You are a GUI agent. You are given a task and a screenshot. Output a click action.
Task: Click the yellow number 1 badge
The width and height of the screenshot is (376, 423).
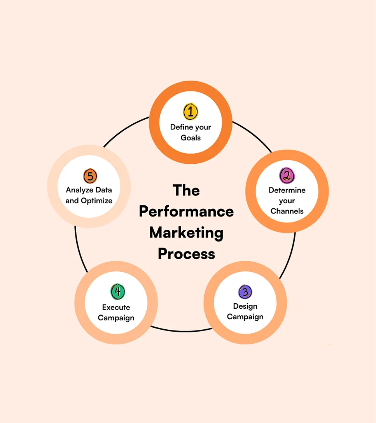pyautogui.click(x=191, y=112)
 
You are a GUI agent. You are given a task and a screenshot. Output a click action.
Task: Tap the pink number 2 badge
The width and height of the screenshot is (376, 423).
pyautogui.click(x=287, y=175)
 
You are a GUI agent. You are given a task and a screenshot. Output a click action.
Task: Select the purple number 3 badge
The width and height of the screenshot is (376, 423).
pyautogui.click(x=245, y=292)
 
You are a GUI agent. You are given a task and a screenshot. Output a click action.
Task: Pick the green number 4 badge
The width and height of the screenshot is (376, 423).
pyautogui.click(x=117, y=292)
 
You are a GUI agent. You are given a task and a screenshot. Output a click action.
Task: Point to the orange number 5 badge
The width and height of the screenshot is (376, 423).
pyautogui.click(x=90, y=176)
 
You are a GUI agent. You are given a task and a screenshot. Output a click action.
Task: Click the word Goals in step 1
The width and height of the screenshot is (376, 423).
pyautogui.click(x=191, y=137)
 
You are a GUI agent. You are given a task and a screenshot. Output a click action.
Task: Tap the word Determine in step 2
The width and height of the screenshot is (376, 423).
pyautogui.click(x=287, y=191)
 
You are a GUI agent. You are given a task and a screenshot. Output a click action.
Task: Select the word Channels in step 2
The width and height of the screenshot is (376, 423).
pyautogui.click(x=287, y=211)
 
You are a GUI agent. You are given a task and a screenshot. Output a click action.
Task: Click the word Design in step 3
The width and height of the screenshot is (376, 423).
pyautogui.click(x=245, y=306)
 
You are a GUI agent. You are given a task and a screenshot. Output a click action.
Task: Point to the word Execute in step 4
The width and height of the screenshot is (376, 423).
pyautogui.click(x=116, y=308)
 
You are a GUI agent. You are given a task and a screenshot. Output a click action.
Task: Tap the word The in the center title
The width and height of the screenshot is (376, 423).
pyautogui.click(x=186, y=191)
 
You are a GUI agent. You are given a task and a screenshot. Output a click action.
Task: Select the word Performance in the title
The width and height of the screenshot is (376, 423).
pyautogui.click(x=186, y=211)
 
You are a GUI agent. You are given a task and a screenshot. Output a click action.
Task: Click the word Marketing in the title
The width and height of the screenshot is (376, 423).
pyautogui.click(x=186, y=233)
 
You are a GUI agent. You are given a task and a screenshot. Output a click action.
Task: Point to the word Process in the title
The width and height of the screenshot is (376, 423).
pyautogui.click(x=186, y=254)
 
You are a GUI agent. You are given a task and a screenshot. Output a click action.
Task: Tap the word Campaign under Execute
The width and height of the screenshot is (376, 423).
pyautogui.click(x=116, y=318)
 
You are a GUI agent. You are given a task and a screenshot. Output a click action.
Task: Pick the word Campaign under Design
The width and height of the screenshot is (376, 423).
pyautogui.click(x=245, y=317)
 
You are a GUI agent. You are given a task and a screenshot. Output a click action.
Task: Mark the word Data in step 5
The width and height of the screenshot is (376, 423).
pyautogui.click(x=104, y=190)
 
